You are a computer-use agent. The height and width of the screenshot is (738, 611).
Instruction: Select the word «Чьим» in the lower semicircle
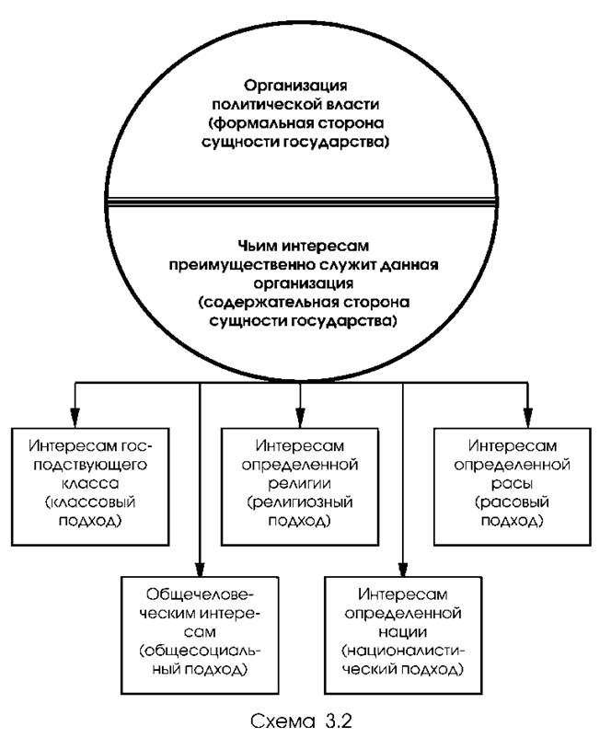coord(219,247)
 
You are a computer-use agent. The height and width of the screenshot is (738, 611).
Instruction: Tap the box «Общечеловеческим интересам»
coord(200,628)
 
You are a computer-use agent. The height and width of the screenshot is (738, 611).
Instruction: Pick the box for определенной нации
coord(404,628)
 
